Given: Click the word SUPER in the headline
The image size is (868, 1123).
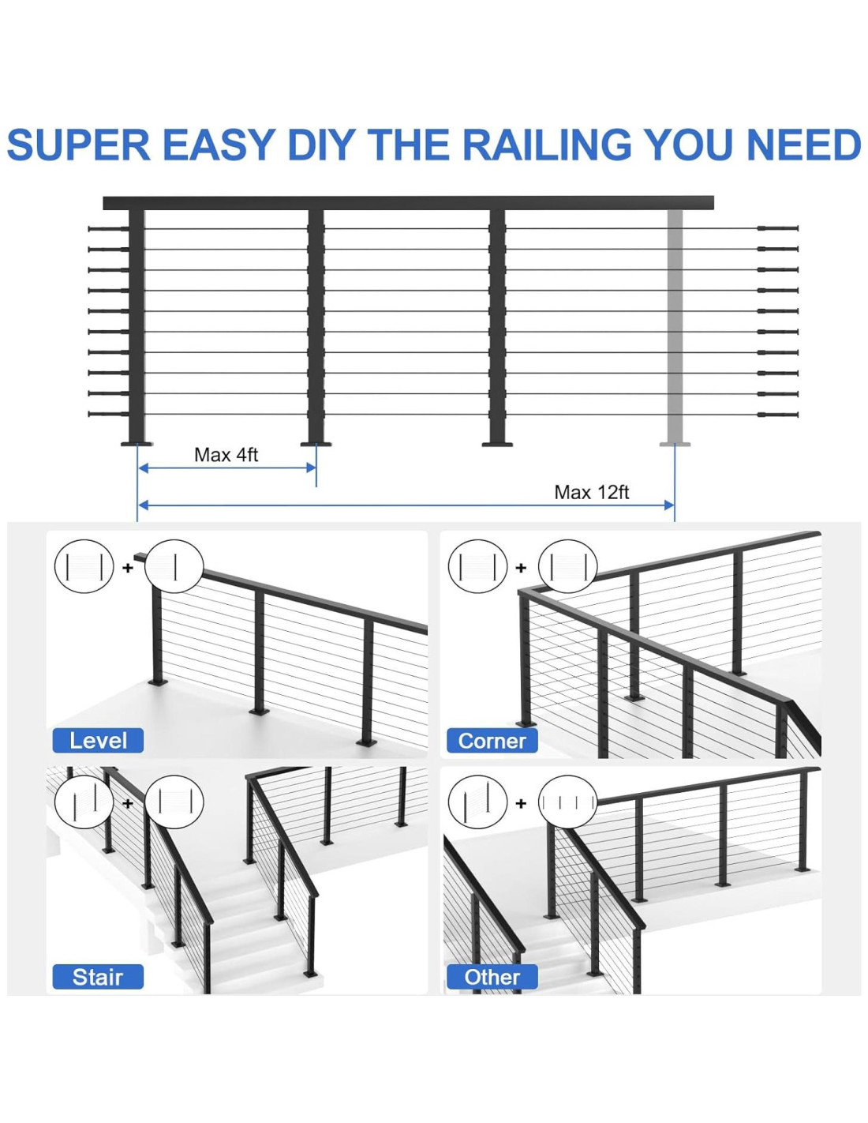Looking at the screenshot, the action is pos(78,145).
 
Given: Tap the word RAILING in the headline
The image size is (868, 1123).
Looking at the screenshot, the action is pos(547,145).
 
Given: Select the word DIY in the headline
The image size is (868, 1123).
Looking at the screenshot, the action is pos(320,145).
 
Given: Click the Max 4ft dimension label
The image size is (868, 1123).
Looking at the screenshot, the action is pos(226,455).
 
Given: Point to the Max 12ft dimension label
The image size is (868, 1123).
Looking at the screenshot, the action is pos(591,492).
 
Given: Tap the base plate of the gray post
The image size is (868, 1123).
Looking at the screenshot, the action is pos(675,444).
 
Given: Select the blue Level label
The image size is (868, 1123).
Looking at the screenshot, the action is pos(98,741).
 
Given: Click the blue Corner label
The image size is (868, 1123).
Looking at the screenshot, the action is pos(492,741).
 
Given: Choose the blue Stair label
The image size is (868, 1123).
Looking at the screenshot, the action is pos(98,977).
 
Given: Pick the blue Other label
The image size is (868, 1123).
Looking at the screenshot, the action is pos(492,977).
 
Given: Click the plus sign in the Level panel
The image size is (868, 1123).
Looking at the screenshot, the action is pos(128,568).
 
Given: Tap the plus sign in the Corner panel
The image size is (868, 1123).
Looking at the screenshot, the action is pos(521,568).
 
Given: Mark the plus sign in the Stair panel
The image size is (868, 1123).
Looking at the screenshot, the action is pos(128,804).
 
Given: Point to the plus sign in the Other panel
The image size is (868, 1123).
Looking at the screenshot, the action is pos(521,804).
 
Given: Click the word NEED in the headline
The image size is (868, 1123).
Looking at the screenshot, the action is pos(803,145).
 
